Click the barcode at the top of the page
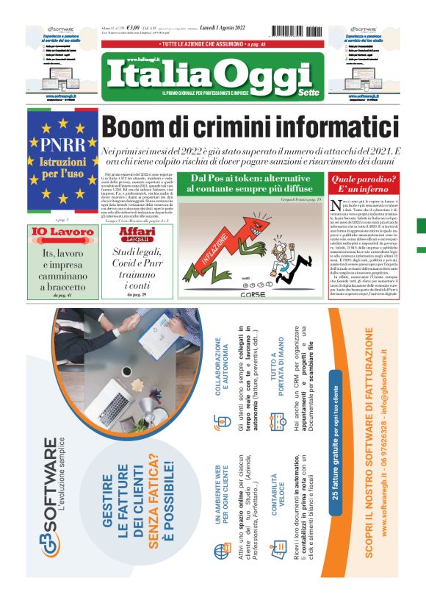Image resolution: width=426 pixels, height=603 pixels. (297, 31)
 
